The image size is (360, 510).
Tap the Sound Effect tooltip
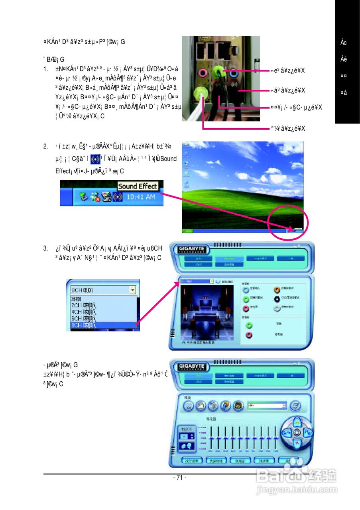[138, 186]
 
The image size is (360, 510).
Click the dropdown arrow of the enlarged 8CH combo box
[132, 290]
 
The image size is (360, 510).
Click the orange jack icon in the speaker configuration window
[277, 290]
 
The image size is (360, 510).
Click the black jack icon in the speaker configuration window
[277, 299]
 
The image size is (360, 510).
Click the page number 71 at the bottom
[180, 477]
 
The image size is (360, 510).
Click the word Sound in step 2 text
[169, 159]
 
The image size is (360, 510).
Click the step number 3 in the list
[45, 249]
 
